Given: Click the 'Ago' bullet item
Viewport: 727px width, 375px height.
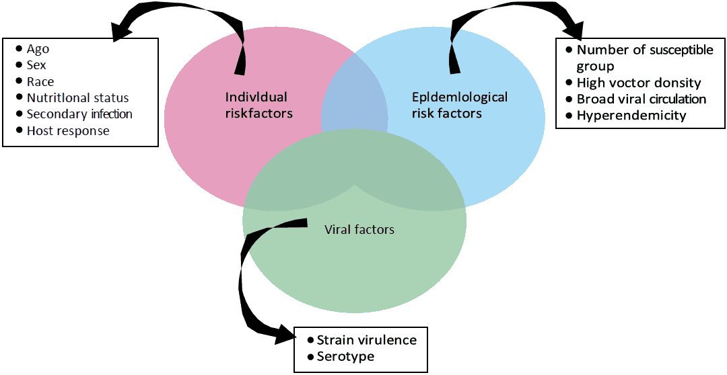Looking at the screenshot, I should click(x=38, y=49).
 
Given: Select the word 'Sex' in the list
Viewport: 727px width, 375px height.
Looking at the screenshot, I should click(x=36, y=65).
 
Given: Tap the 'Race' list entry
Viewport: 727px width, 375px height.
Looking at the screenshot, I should click(x=40, y=81).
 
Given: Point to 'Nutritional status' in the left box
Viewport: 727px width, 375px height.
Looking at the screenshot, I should click(x=77, y=98).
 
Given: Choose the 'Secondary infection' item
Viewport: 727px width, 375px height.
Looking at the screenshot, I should click(x=79, y=114).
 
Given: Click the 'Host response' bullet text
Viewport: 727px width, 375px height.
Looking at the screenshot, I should click(x=68, y=130).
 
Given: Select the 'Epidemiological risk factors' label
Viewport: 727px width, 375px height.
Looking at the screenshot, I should click(x=459, y=105).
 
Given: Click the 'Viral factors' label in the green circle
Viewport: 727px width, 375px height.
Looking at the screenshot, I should click(x=359, y=230).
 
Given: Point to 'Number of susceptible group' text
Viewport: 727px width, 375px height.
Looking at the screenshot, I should click(x=644, y=58).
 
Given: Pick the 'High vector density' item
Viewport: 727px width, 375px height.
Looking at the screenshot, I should click(x=639, y=83).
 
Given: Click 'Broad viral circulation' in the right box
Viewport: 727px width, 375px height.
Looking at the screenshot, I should click(x=641, y=99).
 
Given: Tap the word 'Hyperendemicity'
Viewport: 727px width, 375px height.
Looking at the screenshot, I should click(x=631, y=115).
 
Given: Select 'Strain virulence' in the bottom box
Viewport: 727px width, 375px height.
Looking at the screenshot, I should click(x=366, y=340).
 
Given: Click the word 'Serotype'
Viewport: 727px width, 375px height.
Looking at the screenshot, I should click(x=345, y=356).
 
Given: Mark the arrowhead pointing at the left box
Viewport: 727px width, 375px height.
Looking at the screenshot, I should click(x=122, y=30).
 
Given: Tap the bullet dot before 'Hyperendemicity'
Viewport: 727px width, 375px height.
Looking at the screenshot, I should click(x=569, y=115).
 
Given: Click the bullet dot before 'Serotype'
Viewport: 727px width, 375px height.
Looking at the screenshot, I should click(x=310, y=356).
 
